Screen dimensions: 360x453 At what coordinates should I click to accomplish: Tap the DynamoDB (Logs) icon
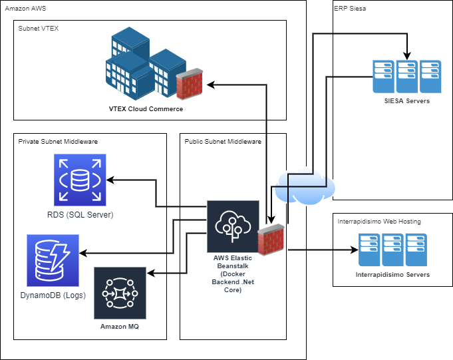(x=53, y=260)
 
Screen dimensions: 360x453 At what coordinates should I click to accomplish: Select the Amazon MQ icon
(x=120, y=293)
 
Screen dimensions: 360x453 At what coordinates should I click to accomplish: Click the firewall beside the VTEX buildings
(x=189, y=84)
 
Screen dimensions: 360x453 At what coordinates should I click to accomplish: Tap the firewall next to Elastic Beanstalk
(x=271, y=241)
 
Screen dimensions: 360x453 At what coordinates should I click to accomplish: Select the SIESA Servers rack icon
(x=407, y=77)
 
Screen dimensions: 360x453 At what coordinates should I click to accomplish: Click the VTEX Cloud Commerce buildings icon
(x=140, y=63)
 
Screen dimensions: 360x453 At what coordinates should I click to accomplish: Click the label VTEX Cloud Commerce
(x=146, y=108)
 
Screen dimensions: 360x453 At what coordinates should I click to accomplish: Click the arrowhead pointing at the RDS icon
(x=112, y=180)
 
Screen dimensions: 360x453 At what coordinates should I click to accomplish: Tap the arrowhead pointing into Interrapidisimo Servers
(x=353, y=251)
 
